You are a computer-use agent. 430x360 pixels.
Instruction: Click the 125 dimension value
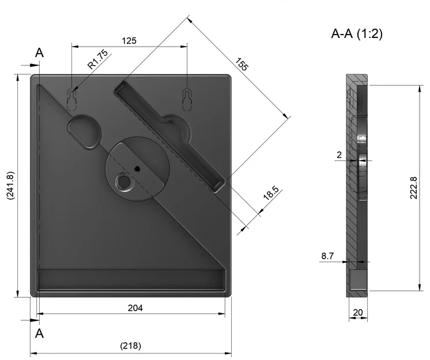tap(129, 40)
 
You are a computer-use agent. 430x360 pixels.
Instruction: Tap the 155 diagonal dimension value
tap(242, 65)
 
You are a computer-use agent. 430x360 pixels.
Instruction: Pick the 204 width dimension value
tap(135, 308)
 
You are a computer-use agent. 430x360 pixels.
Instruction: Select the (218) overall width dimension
tap(130, 346)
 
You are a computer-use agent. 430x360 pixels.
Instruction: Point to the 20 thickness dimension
tap(357, 312)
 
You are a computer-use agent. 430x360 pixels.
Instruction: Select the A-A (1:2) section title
tap(357, 34)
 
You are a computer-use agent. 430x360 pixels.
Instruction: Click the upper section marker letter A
tap(39, 53)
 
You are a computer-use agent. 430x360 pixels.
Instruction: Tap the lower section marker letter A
tap(39, 333)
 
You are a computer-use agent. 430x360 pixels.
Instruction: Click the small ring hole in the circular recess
tap(123, 182)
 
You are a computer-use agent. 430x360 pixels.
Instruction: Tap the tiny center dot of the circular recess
tap(137, 168)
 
